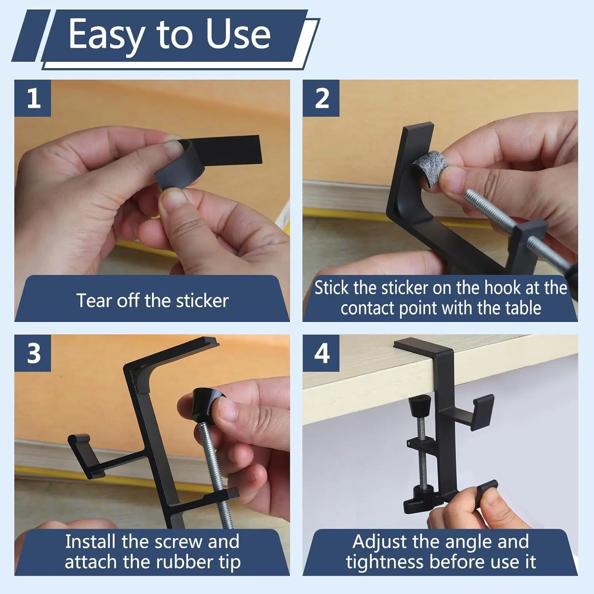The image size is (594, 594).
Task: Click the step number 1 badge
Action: tap(33, 98)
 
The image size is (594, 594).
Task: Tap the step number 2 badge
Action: tap(321, 98)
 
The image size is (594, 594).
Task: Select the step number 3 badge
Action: tap(33, 353)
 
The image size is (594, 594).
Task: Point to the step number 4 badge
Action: tap(321, 353)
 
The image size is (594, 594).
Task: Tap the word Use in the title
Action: tap(238, 34)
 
